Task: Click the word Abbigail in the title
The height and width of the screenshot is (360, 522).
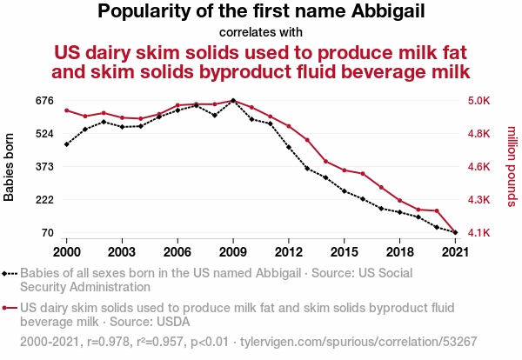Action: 388,11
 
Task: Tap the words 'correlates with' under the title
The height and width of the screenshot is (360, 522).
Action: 261,32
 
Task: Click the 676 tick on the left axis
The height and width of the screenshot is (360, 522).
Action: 44,101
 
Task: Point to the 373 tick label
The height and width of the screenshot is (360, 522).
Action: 44,166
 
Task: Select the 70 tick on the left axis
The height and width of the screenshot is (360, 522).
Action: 48,232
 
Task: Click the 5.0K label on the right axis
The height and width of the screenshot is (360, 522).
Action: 478,101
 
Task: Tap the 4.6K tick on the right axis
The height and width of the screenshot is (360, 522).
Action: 478,166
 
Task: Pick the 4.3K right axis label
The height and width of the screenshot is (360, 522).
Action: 478,200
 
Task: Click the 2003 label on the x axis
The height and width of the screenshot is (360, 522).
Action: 122,252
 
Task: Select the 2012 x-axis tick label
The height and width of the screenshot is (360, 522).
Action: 289,252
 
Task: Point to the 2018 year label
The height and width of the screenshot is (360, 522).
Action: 400,252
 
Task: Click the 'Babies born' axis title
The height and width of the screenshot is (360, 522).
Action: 9,167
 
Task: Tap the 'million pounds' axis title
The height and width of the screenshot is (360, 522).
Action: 512,166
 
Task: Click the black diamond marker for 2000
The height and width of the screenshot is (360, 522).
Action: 67,144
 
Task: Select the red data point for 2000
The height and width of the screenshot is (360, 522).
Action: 67,110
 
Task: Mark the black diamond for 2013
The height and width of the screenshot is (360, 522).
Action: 307,169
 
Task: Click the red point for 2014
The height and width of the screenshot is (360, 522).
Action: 326,162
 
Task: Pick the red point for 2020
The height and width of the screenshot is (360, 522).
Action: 437,210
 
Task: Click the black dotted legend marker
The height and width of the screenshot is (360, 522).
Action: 10,274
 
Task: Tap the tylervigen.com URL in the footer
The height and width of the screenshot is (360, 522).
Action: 358,342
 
